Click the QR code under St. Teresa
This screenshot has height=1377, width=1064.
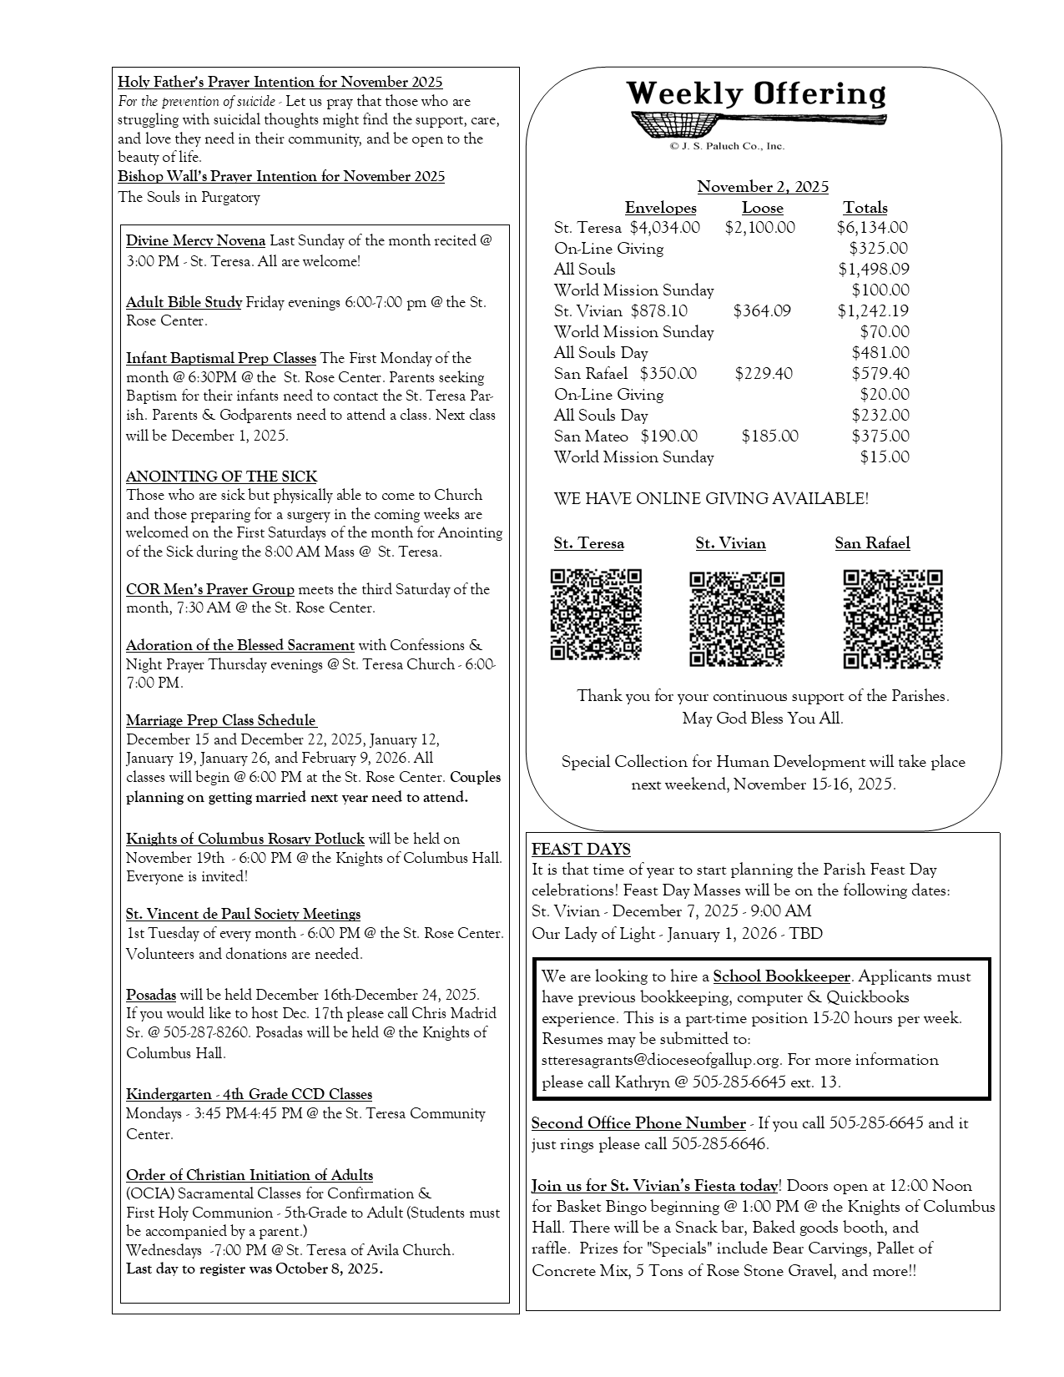pyautogui.click(x=596, y=614)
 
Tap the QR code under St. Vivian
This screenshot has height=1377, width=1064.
pyautogui.click(x=737, y=618)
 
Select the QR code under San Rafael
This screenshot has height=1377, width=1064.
pyautogui.click(x=892, y=618)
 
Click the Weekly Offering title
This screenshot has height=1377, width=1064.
pyautogui.click(x=756, y=94)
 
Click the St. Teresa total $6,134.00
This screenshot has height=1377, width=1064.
pyautogui.click(x=872, y=228)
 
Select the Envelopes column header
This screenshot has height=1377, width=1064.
pyautogui.click(x=660, y=208)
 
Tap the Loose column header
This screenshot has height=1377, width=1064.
pyautogui.click(x=762, y=208)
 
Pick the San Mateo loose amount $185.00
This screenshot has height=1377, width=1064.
pyautogui.click(x=769, y=436)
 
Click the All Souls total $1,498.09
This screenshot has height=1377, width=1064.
pyautogui.click(x=874, y=270)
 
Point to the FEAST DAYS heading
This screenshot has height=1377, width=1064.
pyautogui.click(x=581, y=850)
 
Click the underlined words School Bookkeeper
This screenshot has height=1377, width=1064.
pyautogui.click(x=781, y=976)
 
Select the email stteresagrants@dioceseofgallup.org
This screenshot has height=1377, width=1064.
pyautogui.click(x=661, y=1060)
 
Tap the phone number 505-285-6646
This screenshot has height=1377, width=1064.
pyautogui.click(x=719, y=1144)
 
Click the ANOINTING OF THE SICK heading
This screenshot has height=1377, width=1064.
pyautogui.click(x=221, y=477)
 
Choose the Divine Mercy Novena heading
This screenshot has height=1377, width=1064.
pyautogui.click(x=195, y=241)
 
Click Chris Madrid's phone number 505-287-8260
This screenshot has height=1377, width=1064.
pyautogui.click(x=206, y=1033)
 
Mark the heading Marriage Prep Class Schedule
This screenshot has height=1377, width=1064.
pyautogui.click(x=221, y=721)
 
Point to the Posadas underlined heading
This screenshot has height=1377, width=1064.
pyautogui.click(x=151, y=995)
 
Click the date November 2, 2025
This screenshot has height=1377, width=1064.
pyautogui.click(x=763, y=187)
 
